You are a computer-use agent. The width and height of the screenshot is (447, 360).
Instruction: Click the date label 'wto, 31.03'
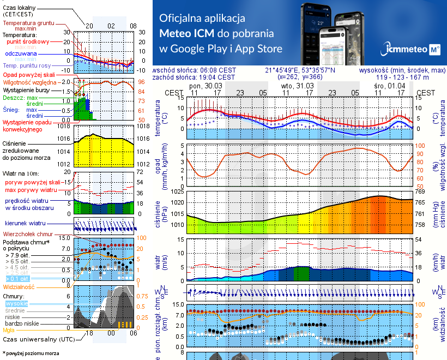click(x=297, y=86)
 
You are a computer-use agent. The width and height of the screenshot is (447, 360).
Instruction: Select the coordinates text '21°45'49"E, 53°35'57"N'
click(x=300, y=70)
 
